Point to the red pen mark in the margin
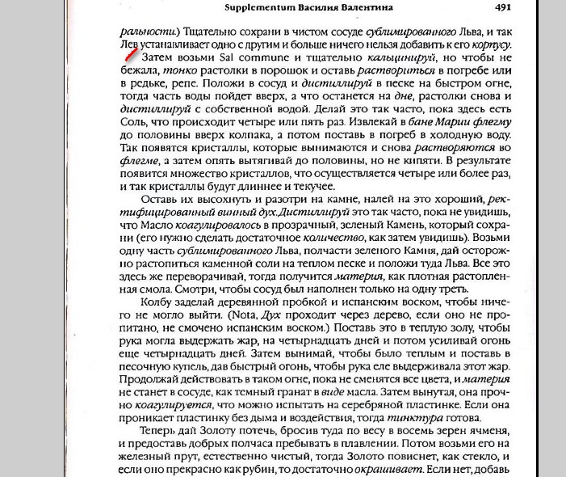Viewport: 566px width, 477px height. [x=130, y=54]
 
